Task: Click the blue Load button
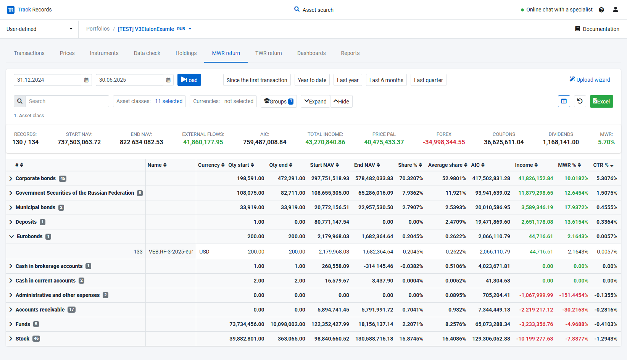tap(189, 80)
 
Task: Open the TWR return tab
tap(268, 53)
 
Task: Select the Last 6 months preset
tap(386, 80)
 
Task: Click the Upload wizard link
tap(590, 80)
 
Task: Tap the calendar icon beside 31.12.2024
tap(86, 80)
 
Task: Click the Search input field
tap(67, 101)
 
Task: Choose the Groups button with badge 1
tap(279, 101)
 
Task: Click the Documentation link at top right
tap(597, 29)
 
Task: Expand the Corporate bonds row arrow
tap(11, 179)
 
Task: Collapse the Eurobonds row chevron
tap(11, 237)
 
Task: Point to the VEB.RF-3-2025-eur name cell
tap(171, 252)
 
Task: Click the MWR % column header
tap(567, 165)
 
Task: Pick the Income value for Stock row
tap(535, 339)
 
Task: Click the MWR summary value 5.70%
tap(606, 142)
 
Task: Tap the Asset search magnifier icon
tap(297, 9)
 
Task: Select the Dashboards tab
tap(311, 53)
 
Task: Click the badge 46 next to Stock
tap(36, 339)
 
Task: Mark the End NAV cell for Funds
tap(376, 324)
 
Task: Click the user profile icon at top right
tap(616, 10)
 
